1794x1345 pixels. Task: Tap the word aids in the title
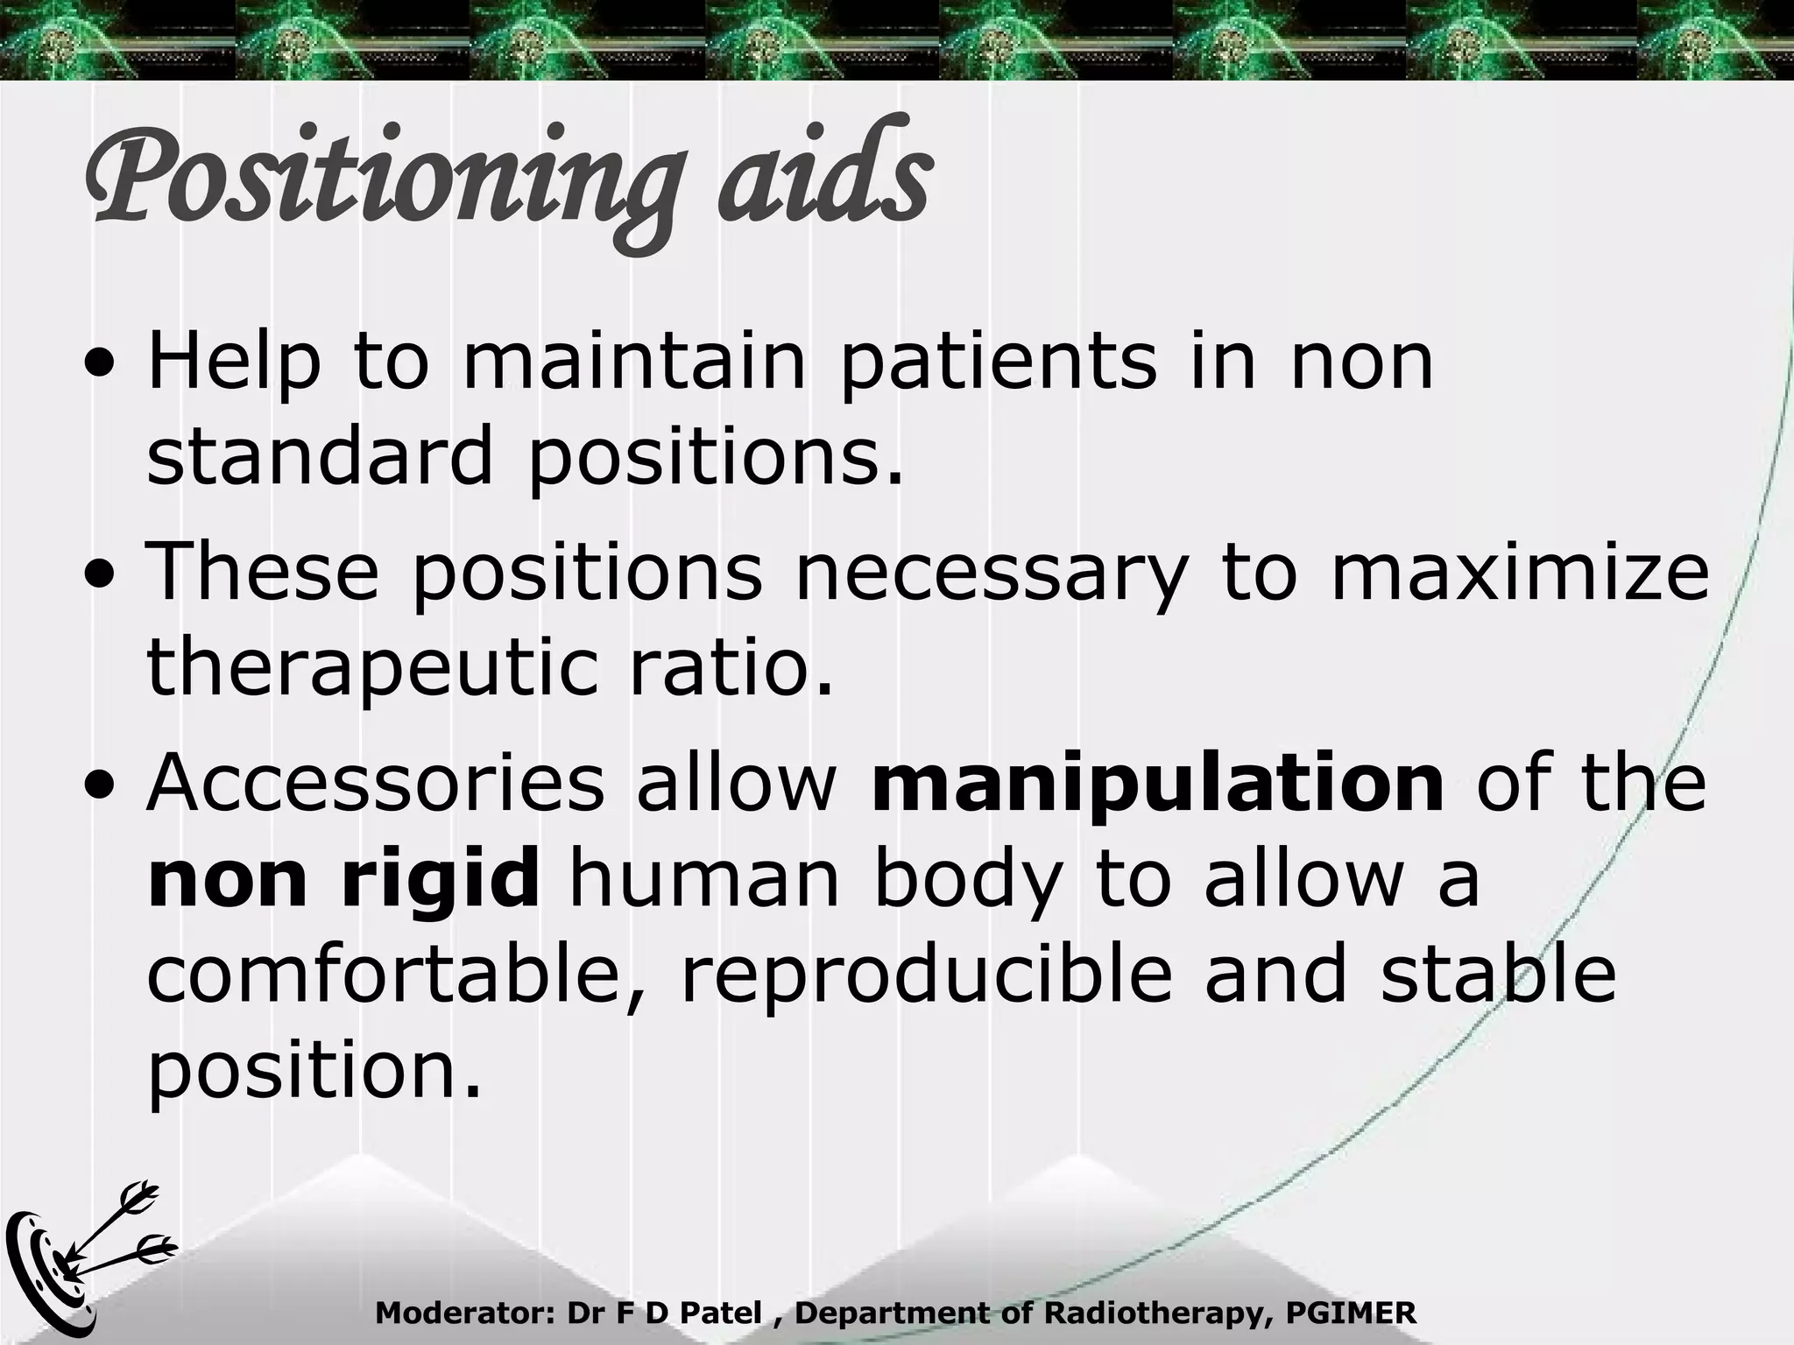click(x=823, y=175)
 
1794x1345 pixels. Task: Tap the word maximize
click(x=1520, y=574)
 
